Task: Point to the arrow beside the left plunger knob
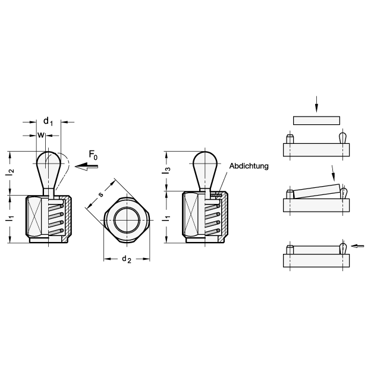86,168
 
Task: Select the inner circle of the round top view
127,220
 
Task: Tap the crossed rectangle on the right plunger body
191,215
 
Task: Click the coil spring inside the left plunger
56,217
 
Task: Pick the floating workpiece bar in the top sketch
316,121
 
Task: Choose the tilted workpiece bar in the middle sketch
317,191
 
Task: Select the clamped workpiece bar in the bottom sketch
316,250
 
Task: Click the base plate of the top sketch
316,150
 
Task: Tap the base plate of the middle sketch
316,205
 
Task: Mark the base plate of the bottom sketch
316,260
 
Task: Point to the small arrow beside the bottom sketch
357,246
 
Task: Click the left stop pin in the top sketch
290,139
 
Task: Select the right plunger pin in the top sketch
343,138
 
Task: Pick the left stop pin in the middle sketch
290,194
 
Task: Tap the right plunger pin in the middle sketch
343,193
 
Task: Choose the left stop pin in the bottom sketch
290,250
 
